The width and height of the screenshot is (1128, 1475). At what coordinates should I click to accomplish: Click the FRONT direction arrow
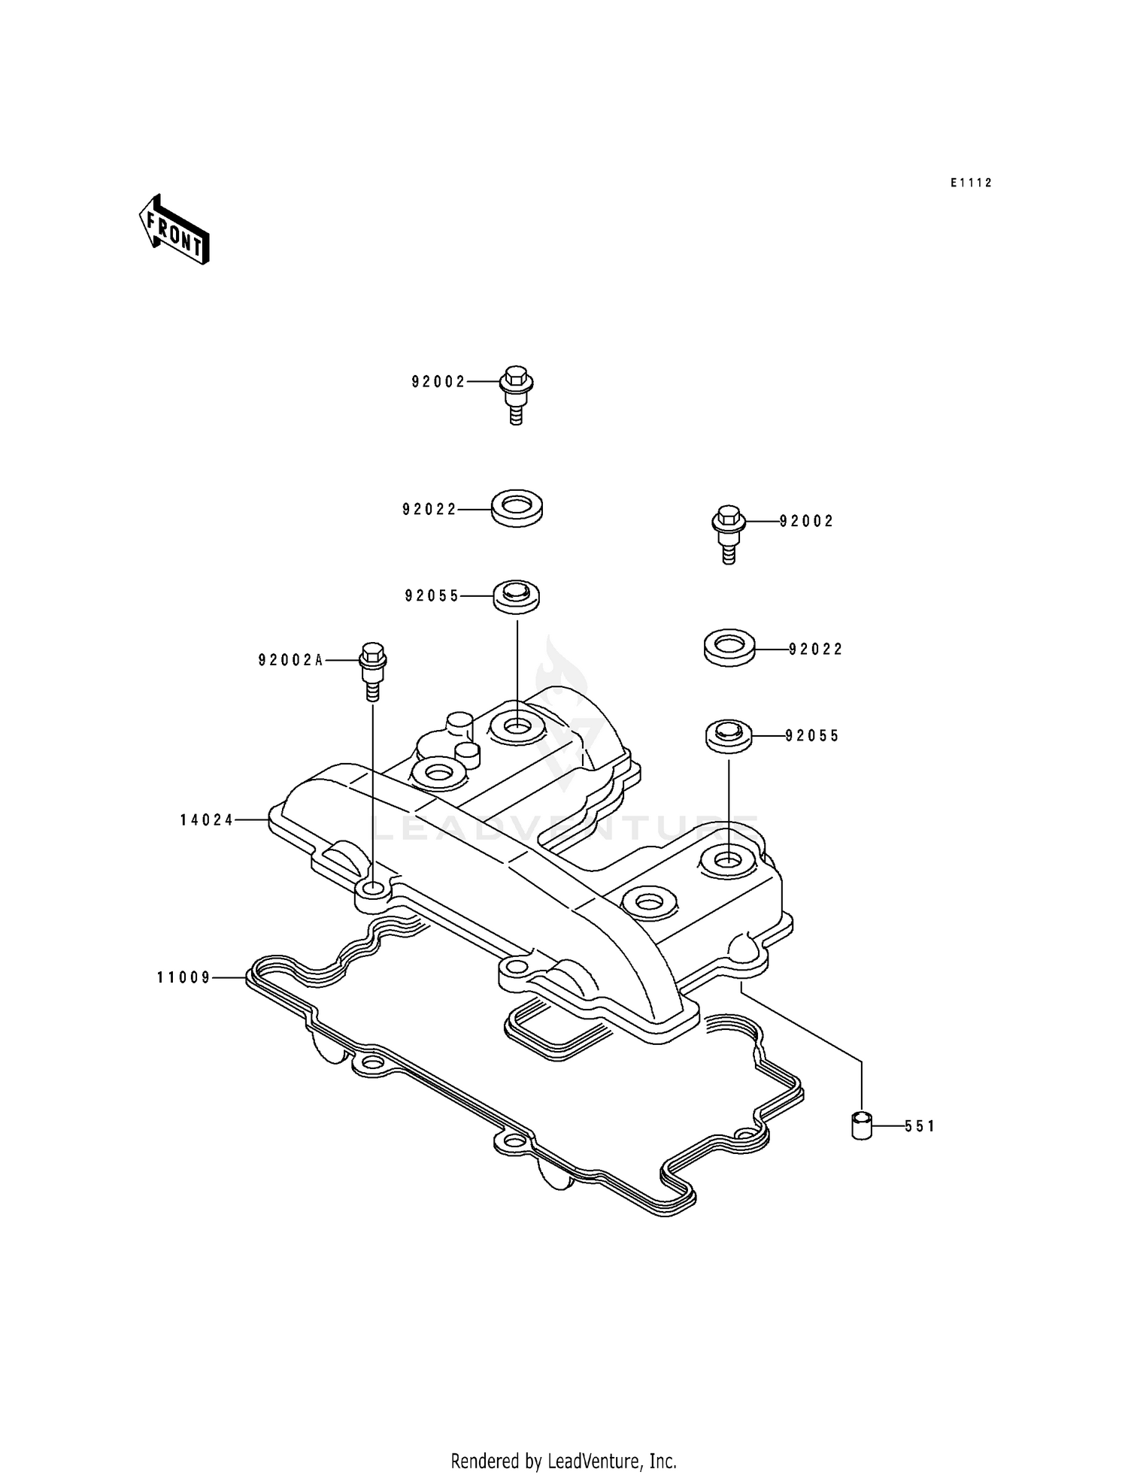tap(174, 229)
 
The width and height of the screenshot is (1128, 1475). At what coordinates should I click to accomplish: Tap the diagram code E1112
tap(970, 183)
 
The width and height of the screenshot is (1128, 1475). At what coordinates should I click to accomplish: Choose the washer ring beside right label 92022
tap(729, 647)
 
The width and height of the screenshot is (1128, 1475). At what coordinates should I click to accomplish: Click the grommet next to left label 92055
tap(517, 597)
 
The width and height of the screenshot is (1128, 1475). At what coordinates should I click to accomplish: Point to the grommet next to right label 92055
tap(729, 735)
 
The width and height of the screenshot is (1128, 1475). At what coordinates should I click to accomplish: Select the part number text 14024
tap(207, 820)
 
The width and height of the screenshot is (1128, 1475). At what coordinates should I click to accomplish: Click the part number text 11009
tap(184, 977)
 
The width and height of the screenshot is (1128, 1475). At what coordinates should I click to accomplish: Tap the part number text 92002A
tap(290, 660)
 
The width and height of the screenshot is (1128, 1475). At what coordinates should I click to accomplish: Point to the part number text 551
tap(919, 1126)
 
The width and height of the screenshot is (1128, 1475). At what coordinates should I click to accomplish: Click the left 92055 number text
tap(432, 596)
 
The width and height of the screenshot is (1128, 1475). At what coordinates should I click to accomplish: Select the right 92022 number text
tap(816, 649)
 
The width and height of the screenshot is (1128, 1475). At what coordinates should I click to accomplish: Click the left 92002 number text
tap(438, 382)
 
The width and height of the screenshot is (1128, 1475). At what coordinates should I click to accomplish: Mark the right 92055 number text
tap(812, 736)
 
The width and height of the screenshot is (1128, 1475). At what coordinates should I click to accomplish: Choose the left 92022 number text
tap(429, 510)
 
